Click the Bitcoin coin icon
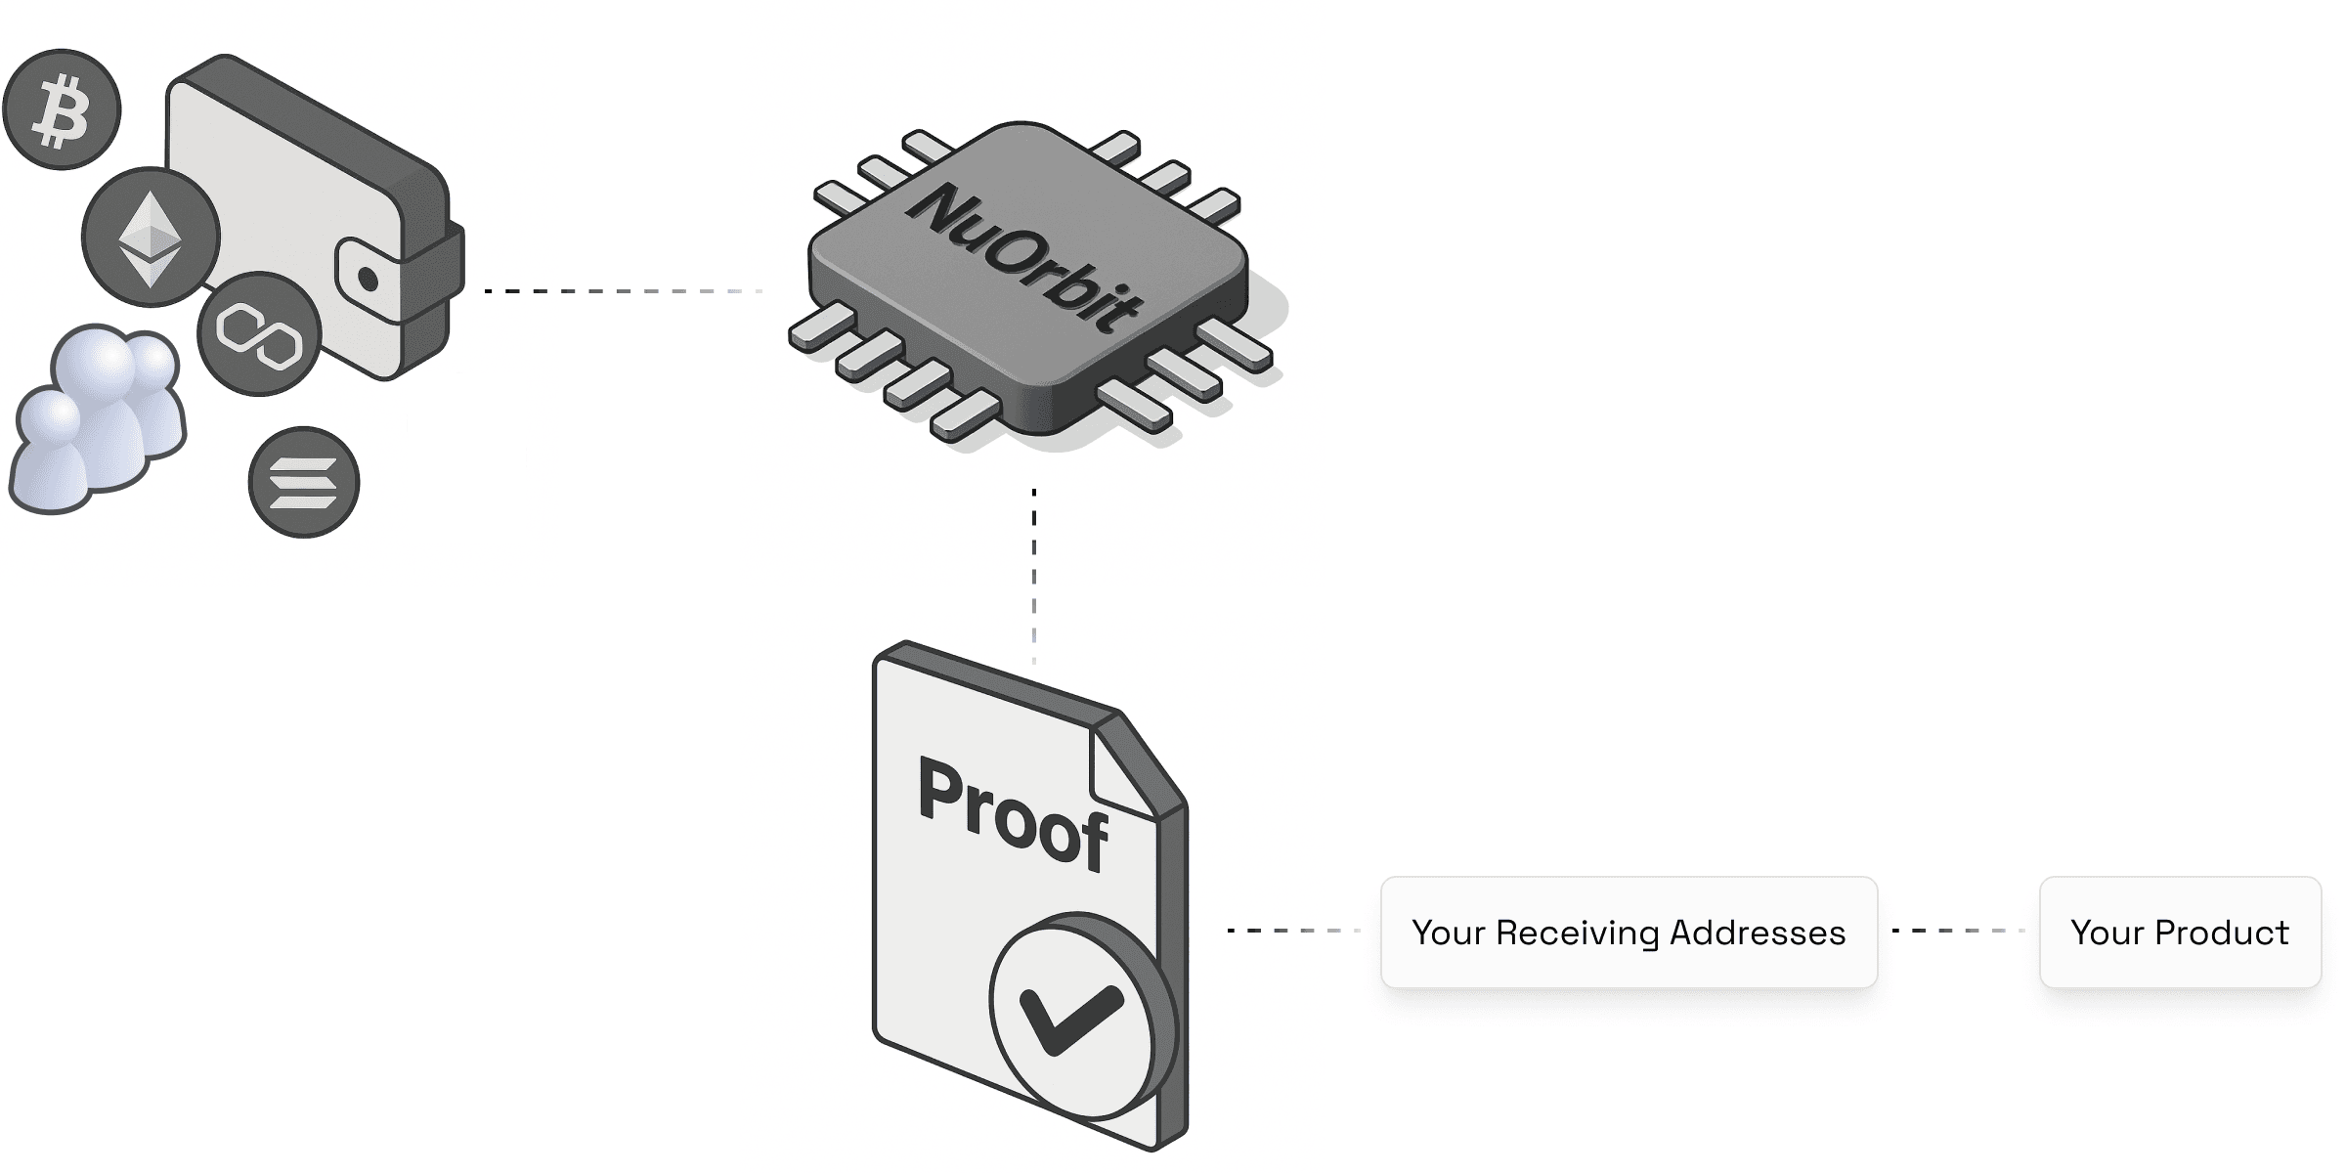coord(62,109)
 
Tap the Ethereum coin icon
coord(151,237)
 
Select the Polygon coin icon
coord(259,333)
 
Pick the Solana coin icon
coord(304,482)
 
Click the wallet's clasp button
coord(369,280)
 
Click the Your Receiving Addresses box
coord(1629,933)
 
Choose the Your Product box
coord(2180,933)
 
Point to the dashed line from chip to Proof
coord(1034,577)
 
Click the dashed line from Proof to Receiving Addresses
coord(1292,931)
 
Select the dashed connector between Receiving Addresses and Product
coord(1958,931)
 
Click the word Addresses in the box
coord(1758,934)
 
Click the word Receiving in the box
coord(1578,934)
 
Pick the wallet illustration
coord(303,215)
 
